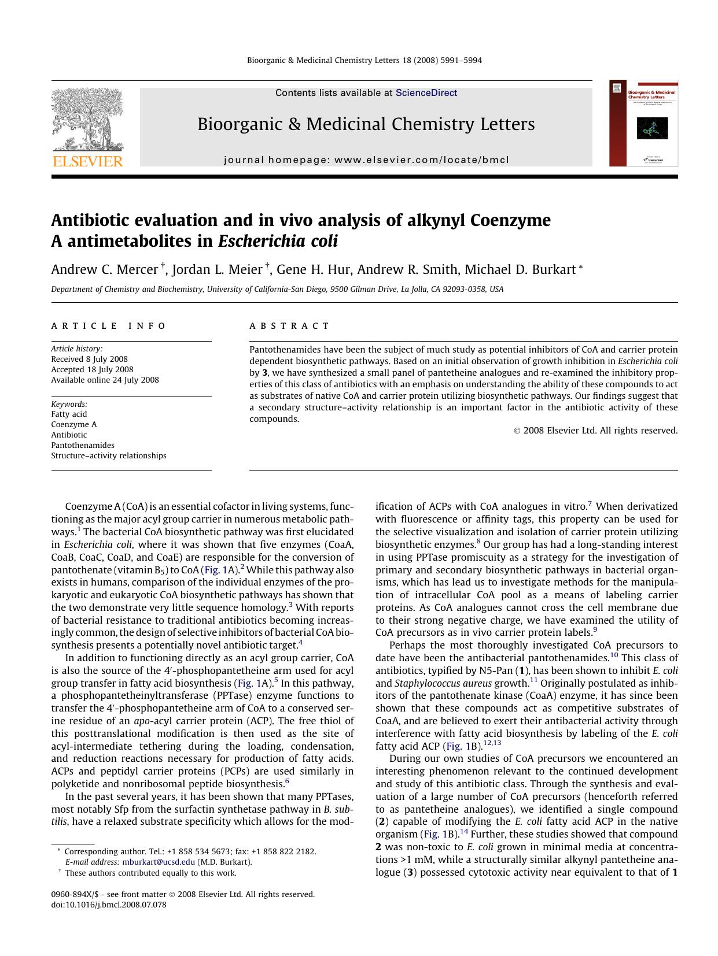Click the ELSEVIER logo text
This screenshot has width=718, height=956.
88,161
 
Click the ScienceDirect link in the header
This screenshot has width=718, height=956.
426,93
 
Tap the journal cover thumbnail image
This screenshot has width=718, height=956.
643,124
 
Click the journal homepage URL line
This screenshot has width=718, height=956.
366,160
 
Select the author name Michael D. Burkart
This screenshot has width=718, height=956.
520,270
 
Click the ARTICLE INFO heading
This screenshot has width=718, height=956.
109,326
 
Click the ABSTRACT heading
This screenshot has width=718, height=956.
289,326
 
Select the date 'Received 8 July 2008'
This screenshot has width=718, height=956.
89,359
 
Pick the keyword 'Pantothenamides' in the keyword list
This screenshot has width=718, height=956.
83,445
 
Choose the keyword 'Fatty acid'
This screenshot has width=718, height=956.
69,414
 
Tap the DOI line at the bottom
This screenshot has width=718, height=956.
109,905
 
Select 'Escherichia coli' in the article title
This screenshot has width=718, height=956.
278,241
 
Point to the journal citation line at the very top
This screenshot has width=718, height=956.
364,60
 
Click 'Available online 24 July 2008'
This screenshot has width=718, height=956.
105,380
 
